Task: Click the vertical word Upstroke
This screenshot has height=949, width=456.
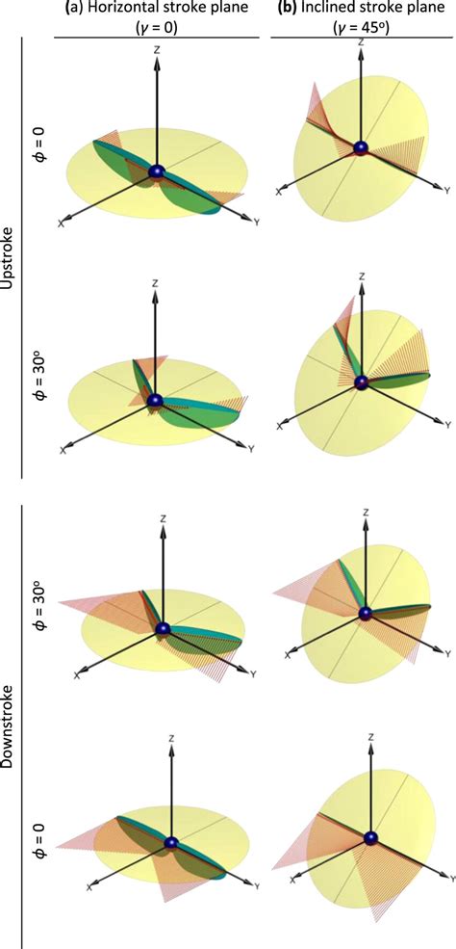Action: pyautogui.click(x=12, y=249)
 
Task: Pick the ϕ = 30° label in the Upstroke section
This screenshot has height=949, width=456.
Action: pyautogui.click(x=38, y=388)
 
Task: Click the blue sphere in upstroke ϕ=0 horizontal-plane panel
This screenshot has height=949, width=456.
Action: pyautogui.click(x=157, y=174)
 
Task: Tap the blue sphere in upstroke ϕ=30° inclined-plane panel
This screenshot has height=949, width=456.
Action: pyautogui.click(x=362, y=382)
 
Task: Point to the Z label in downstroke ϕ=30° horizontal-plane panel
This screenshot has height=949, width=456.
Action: pyautogui.click(x=165, y=518)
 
